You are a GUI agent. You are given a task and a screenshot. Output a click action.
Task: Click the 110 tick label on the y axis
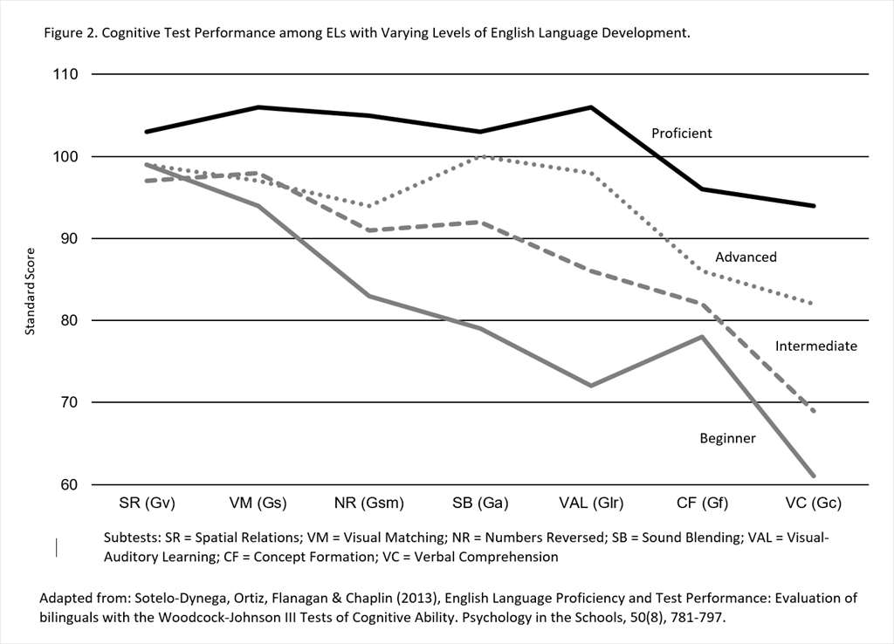click(x=66, y=75)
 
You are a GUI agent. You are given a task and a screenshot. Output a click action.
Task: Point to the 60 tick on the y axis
click(x=70, y=485)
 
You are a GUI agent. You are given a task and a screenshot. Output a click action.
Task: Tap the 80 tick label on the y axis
click(x=70, y=321)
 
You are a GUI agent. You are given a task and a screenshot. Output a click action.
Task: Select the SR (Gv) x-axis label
click(x=147, y=504)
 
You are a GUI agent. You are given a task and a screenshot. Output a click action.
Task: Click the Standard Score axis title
click(x=30, y=279)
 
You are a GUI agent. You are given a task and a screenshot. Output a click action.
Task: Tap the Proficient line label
click(x=682, y=134)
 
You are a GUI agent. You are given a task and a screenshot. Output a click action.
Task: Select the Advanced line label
click(x=746, y=257)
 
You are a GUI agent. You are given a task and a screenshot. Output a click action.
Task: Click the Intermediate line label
click(x=815, y=346)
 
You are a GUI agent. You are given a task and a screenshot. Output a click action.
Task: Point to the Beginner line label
click(x=727, y=438)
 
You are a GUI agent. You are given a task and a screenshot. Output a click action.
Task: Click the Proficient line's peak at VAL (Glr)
click(x=591, y=107)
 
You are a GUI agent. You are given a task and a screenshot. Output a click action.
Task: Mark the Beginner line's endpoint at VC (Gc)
click(x=814, y=476)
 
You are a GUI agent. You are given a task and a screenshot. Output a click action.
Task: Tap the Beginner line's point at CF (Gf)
click(x=703, y=337)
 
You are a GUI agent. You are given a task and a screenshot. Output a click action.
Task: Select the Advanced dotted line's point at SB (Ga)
click(x=480, y=156)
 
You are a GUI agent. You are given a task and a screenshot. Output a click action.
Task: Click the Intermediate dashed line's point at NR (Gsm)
click(x=369, y=230)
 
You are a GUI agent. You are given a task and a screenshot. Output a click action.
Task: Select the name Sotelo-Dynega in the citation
click(x=156, y=598)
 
